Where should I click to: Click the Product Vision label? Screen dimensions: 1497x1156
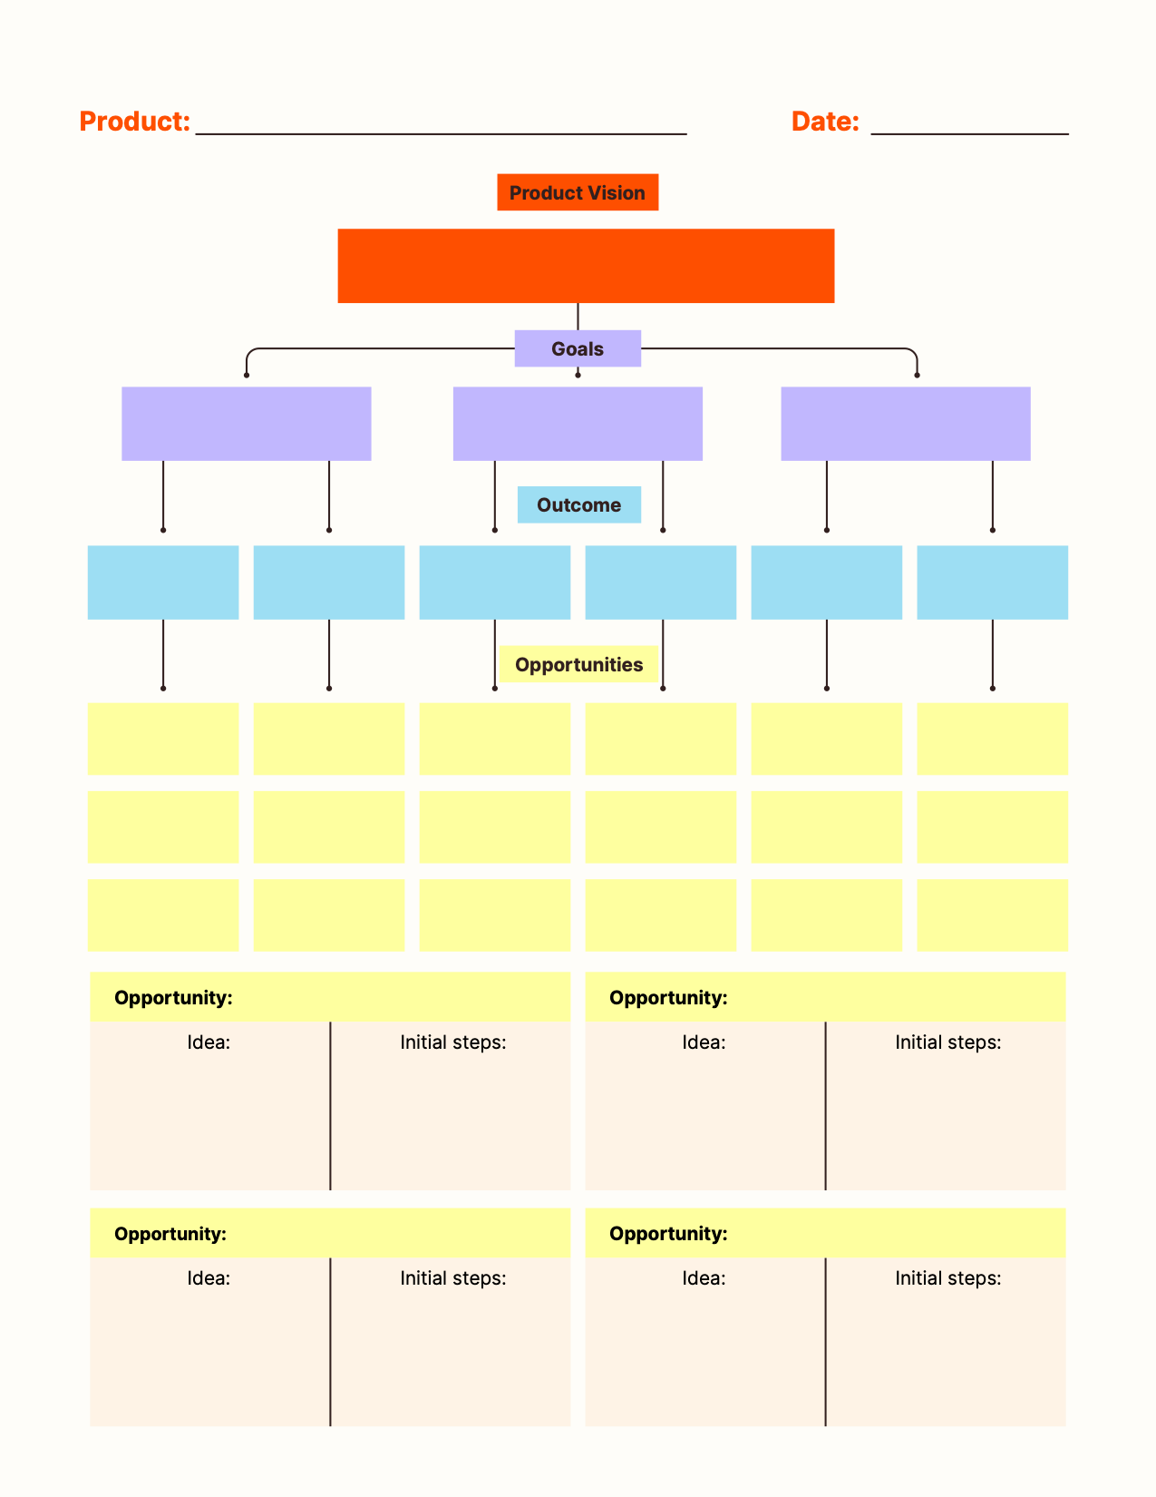(x=578, y=192)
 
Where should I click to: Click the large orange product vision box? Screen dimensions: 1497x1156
(x=586, y=266)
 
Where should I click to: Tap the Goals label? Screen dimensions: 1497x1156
(x=578, y=348)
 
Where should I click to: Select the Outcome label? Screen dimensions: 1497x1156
(x=578, y=504)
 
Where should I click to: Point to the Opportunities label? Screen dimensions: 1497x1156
(x=578, y=664)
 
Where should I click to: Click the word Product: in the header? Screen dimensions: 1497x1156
(x=134, y=122)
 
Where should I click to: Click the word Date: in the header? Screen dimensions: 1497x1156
(x=825, y=122)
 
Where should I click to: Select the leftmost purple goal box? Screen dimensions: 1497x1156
(x=247, y=424)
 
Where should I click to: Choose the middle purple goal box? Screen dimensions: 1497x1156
(x=578, y=424)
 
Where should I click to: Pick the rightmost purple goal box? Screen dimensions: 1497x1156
(x=906, y=424)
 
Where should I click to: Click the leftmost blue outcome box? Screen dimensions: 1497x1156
(x=163, y=582)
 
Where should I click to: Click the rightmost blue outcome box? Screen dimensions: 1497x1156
(x=993, y=582)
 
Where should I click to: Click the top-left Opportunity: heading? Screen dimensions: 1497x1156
(x=173, y=998)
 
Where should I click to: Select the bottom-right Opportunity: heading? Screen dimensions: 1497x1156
(x=668, y=1234)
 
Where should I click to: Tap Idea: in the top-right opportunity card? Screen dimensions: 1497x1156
(x=704, y=1042)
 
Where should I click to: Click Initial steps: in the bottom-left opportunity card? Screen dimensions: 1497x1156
(x=453, y=1278)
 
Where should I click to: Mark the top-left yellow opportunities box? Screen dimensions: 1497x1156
(x=163, y=739)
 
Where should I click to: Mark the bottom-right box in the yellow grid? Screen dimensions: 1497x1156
(x=993, y=915)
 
